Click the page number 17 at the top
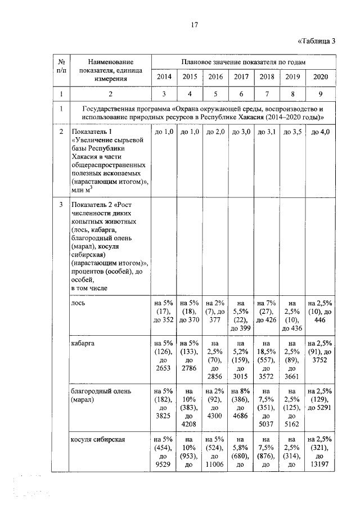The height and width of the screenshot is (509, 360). [193, 25]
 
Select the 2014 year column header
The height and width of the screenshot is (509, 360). [164, 76]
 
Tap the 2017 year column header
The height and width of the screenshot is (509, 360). [241, 76]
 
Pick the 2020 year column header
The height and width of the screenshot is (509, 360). [319, 76]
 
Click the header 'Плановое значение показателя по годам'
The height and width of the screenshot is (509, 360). [243, 61]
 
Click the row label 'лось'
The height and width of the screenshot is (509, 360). [78, 302]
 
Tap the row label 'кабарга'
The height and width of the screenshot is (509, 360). [83, 343]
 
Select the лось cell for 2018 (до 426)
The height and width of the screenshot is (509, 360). [267, 311]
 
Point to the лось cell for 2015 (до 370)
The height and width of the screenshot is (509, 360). [190, 311]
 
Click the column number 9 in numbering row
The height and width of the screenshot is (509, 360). [319, 93]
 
